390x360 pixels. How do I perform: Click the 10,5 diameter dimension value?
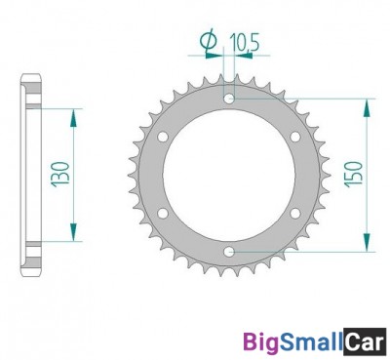245,43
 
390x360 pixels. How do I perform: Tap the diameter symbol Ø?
209,41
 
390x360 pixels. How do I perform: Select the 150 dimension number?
353,175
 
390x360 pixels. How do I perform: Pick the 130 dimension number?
60,174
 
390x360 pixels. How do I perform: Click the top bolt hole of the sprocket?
229,99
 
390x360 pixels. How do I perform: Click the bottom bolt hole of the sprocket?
229,252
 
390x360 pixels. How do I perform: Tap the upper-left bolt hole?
163,137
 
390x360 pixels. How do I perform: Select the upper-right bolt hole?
295,137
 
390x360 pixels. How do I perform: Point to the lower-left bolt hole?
163,214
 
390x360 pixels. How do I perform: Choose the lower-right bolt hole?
295,214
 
